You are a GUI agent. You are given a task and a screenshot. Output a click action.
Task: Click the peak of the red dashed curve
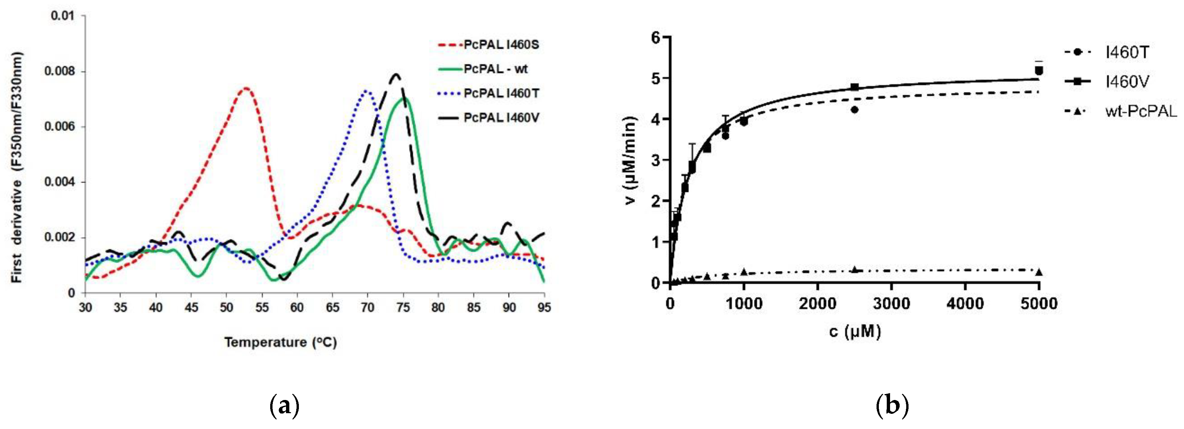tap(246, 88)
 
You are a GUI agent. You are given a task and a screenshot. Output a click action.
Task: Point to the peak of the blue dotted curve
tap(366, 90)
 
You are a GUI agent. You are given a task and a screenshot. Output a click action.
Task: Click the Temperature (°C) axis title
tap(280, 342)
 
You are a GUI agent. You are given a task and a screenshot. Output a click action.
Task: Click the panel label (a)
tap(284, 406)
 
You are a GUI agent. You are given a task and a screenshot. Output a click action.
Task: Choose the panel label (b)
tap(892, 406)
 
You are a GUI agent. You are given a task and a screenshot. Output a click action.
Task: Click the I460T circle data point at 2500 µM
tap(854, 110)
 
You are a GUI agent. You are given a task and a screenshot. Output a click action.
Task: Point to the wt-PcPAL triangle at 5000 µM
tap(1039, 272)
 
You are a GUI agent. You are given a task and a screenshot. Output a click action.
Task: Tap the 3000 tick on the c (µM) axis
tap(892, 304)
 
